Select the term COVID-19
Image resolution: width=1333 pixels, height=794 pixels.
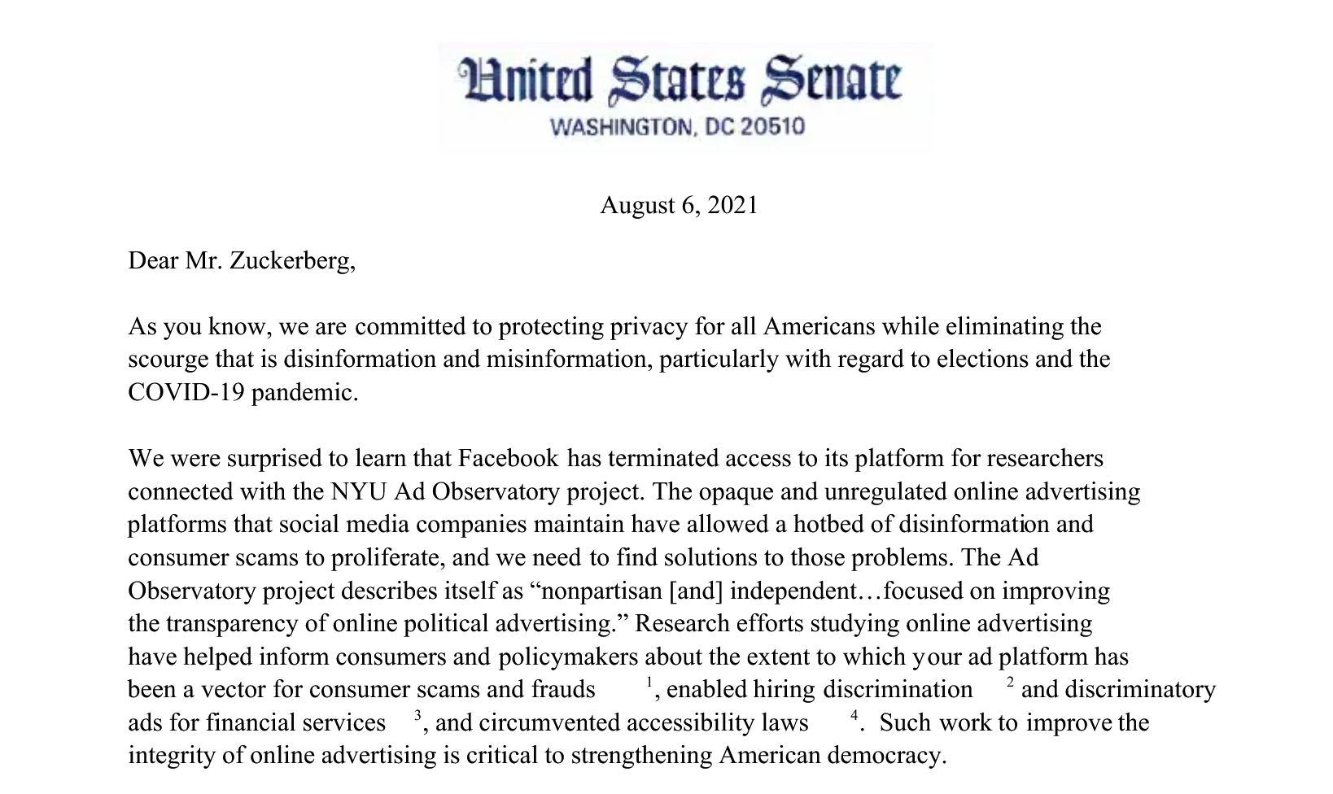186,392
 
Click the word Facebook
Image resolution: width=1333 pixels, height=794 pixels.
509,459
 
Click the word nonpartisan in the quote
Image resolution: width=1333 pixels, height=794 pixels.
601,591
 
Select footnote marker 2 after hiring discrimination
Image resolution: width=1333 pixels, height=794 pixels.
1010,682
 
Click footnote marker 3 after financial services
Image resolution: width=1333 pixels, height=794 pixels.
417,715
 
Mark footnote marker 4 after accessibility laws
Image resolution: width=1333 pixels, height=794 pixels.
854,715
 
